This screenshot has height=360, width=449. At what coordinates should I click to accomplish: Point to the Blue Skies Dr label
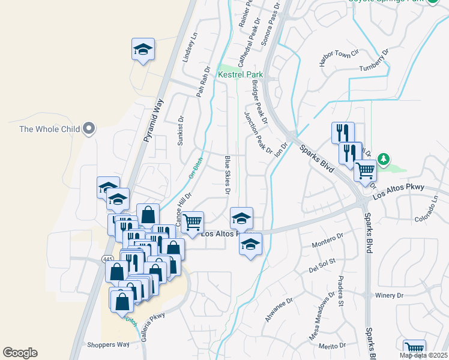tap(228, 175)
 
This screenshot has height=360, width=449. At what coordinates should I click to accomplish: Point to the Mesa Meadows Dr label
tap(321, 319)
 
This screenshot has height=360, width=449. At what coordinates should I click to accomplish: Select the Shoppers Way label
tap(108, 344)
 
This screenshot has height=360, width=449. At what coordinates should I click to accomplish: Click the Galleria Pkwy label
tap(152, 326)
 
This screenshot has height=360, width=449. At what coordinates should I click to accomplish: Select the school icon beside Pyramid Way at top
tap(143, 50)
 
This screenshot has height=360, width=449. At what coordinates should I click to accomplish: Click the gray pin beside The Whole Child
tap(89, 128)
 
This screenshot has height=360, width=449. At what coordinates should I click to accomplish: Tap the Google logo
tap(20, 353)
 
